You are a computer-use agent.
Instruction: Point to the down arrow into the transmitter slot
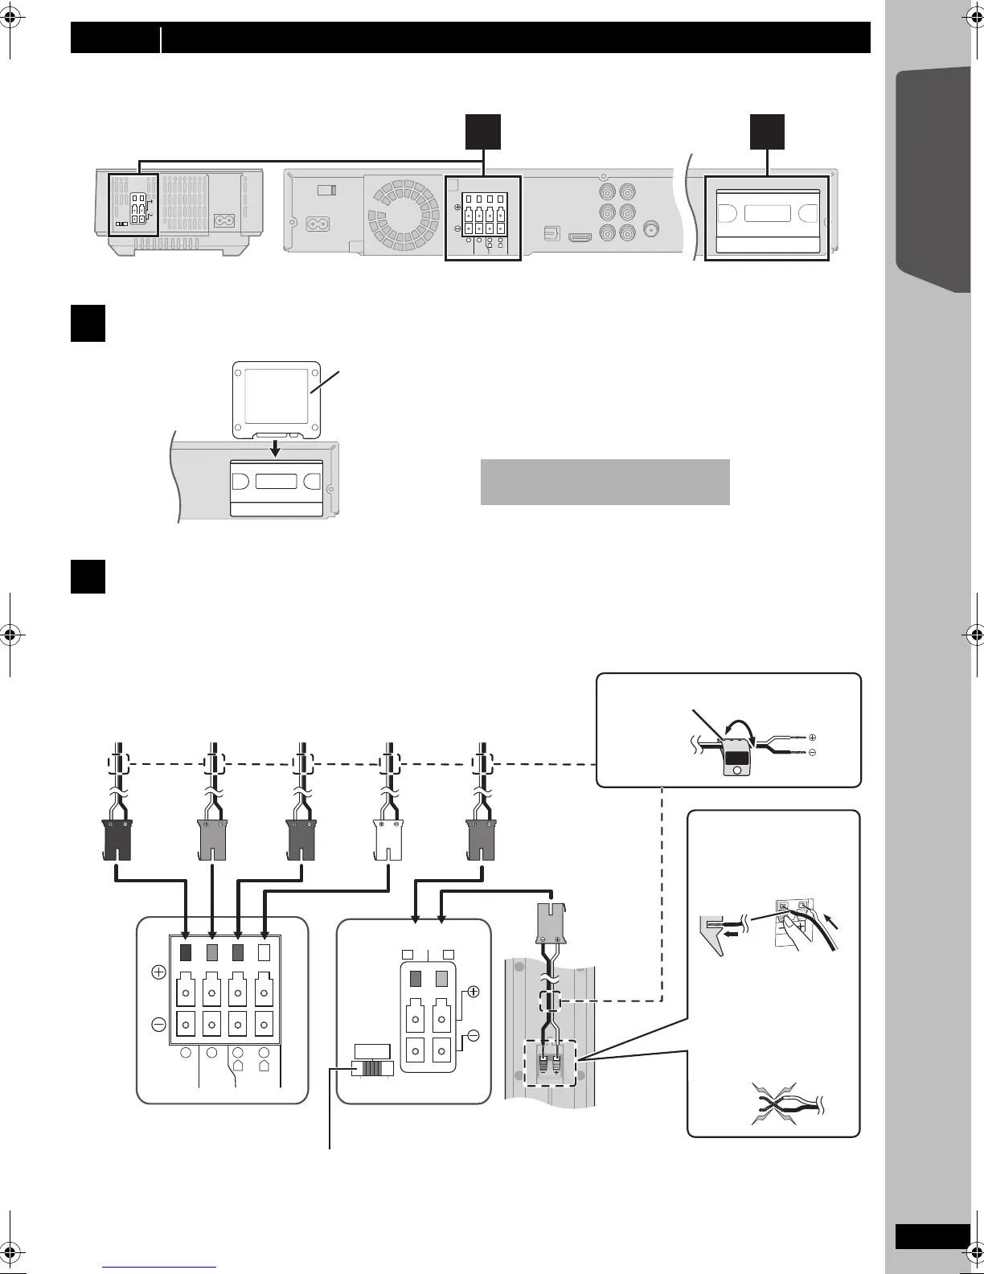pos(276,447)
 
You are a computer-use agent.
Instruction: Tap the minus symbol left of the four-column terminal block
pos(158,1025)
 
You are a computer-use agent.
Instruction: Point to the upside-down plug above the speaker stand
pos(551,923)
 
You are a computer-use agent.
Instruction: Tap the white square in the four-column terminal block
pos(264,952)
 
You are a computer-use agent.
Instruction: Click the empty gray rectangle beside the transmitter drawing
pos(605,482)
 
